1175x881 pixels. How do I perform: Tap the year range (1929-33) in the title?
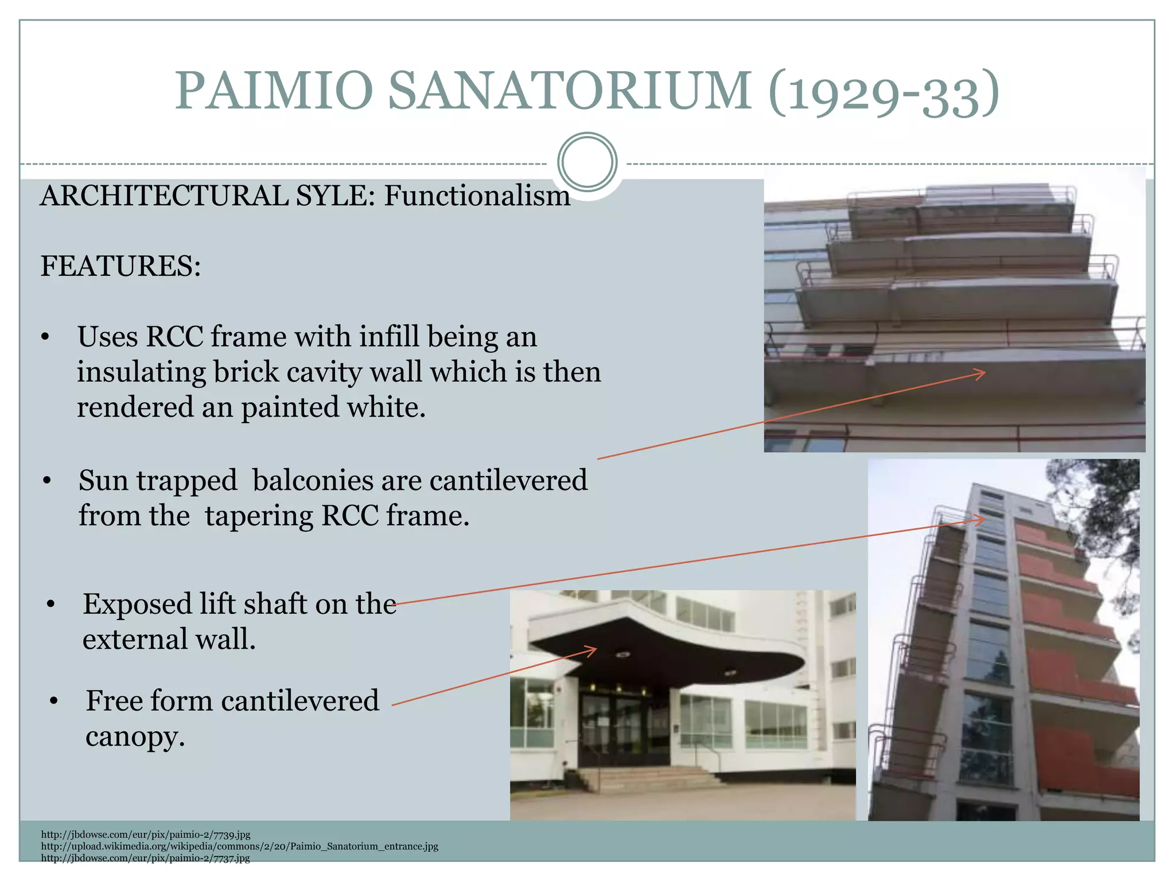884,93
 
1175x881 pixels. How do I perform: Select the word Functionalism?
477,196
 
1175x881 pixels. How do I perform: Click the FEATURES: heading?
120,267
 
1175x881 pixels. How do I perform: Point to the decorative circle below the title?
587,162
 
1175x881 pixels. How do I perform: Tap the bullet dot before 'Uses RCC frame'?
45,338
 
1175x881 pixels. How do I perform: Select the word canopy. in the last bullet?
135,736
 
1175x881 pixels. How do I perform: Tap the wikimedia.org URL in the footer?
239,847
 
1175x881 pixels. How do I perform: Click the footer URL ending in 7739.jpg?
146,835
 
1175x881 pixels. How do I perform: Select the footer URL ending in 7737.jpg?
145,859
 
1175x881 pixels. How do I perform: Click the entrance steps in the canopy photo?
648,778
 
